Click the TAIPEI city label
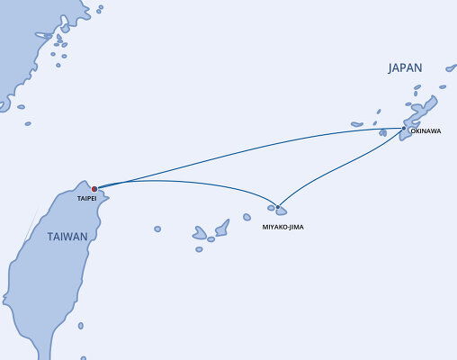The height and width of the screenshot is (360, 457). point(86,198)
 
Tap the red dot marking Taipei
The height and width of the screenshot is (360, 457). point(94,189)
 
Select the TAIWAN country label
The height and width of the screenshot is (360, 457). point(67,237)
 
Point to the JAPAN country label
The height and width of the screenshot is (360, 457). point(404,67)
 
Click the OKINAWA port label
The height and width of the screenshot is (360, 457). point(425,131)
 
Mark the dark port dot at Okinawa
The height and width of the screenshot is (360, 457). point(404,128)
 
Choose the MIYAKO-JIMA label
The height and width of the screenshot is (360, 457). point(283,227)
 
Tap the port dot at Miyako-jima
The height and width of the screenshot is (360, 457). point(278,208)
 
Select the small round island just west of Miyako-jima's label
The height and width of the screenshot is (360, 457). point(246,217)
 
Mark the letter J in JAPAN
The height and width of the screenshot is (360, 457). point(391,67)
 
